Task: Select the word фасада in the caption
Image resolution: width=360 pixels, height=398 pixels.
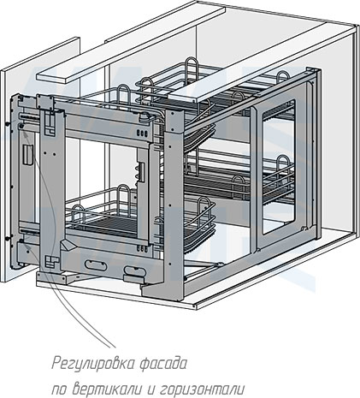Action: tap(163, 363)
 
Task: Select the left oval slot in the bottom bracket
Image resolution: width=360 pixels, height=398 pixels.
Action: tap(96, 265)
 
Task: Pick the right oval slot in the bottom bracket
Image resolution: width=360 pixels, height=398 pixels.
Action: tap(134, 270)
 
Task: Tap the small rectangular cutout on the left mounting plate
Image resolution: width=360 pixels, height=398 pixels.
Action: tap(28, 155)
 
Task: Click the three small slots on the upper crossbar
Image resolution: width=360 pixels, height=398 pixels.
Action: tap(143, 133)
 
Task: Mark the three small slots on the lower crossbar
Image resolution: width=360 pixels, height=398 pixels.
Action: tap(142, 249)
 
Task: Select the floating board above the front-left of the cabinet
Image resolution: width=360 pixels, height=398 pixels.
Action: tap(131, 45)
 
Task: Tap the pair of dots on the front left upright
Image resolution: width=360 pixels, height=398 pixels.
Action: tap(50, 153)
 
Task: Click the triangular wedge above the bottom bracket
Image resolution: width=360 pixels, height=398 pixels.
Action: tap(68, 245)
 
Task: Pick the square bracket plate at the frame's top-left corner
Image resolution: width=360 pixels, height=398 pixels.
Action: tap(45, 102)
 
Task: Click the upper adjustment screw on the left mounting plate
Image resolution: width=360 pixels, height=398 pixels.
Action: tap(21, 126)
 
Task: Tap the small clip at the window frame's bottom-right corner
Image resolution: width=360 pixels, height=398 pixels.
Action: tap(304, 228)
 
